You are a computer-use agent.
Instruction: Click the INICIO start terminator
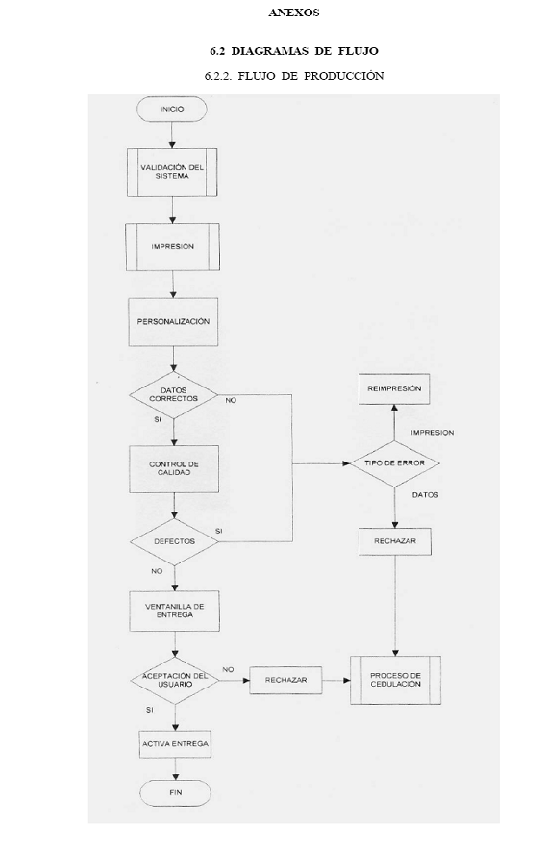pos(172,109)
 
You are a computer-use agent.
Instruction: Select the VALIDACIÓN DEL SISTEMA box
pos(172,172)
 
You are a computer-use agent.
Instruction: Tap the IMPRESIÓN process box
pos(173,247)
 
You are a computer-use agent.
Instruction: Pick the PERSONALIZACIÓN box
pos(173,321)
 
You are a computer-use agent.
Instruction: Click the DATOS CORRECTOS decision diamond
pos(173,394)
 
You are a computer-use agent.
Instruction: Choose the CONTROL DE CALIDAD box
pos(174,469)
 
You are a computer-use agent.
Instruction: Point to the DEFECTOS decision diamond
pos(174,541)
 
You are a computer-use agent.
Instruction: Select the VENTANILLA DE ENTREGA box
pos(174,611)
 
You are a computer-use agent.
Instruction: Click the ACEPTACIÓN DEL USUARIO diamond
pos(175,681)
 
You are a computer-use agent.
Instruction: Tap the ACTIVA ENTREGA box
pos(175,744)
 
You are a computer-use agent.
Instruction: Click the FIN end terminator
pos(176,793)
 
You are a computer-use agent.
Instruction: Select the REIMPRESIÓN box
pos(394,388)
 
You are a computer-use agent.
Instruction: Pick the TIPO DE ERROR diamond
pos(394,463)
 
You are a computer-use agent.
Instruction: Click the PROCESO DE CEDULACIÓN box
pos(395,680)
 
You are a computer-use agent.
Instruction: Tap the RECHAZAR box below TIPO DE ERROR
pos(395,541)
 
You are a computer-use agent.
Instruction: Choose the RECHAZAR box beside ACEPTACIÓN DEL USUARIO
pos(286,680)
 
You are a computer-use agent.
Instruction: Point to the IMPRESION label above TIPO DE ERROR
pos(433,433)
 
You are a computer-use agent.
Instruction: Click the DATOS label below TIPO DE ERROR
pos(425,495)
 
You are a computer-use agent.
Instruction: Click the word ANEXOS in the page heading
pos(293,13)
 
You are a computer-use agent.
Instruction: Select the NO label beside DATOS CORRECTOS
pos(231,401)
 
